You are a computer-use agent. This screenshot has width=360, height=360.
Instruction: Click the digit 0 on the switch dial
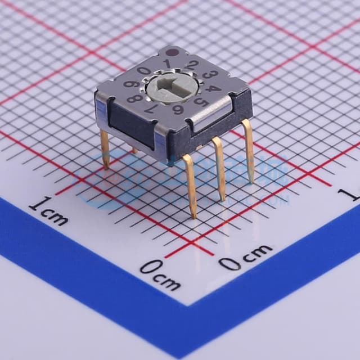pos(144,71)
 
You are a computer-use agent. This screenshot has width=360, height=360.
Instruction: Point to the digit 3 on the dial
pos(210,75)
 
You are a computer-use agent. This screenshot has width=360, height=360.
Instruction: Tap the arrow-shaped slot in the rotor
pos(172,85)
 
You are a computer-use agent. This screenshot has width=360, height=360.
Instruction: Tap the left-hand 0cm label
pos(160,274)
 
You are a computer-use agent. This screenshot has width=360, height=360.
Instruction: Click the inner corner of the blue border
pos(190,305)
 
